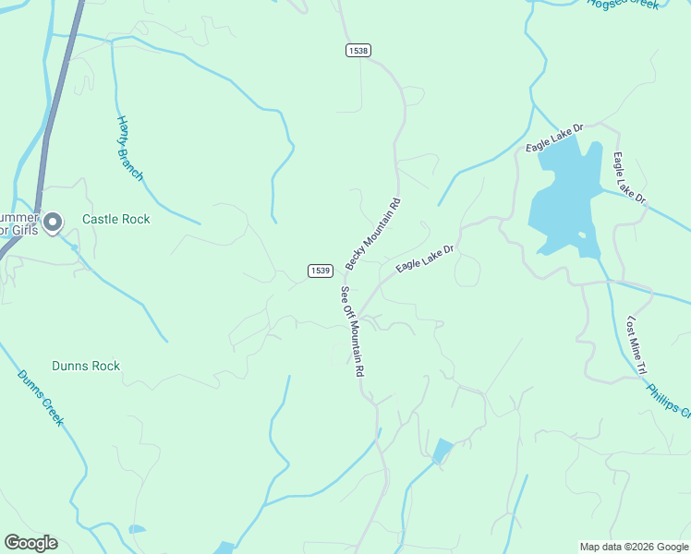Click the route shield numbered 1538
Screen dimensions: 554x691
[359, 51]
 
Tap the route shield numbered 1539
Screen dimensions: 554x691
[320, 271]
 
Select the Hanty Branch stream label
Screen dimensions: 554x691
[129, 148]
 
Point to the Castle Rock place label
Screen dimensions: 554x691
[116, 220]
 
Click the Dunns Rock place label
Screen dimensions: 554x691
[86, 367]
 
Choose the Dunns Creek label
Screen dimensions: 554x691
[40, 397]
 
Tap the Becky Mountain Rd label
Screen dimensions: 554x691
[373, 235]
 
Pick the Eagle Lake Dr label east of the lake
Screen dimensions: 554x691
[629, 177]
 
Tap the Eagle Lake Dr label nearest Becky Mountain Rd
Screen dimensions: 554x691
[427, 258]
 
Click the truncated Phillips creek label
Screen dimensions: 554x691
[668, 396]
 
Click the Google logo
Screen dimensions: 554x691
[31, 543]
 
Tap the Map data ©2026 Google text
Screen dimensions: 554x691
[634, 547]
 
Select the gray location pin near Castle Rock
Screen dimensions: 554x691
[53, 222]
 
